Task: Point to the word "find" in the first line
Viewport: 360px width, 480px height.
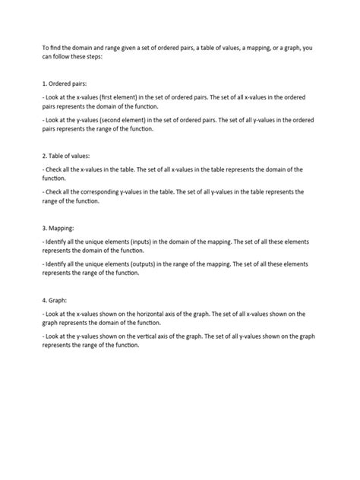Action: coord(58,48)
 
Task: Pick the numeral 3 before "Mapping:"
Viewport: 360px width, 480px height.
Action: coord(44,226)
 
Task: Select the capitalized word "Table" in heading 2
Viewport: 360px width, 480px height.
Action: coord(59,154)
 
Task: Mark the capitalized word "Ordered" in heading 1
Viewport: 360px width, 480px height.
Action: coord(62,84)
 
